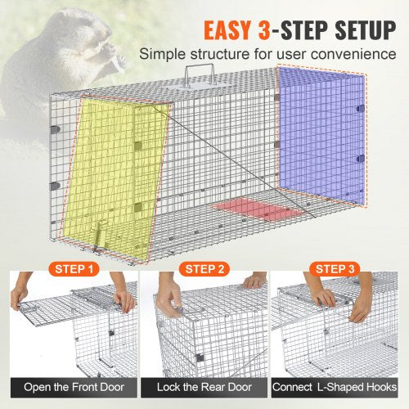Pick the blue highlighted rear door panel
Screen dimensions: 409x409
tap(319, 127)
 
